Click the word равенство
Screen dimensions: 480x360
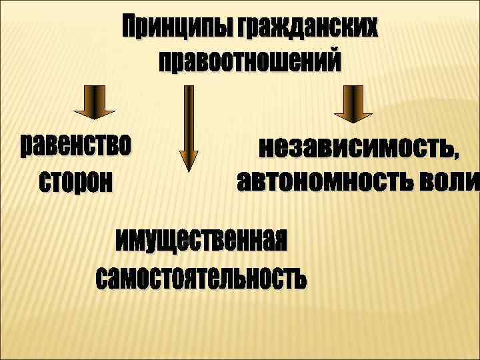click(76, 145)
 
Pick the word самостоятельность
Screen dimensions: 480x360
click(201, 277)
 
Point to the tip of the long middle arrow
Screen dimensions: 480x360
click(189, 170)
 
